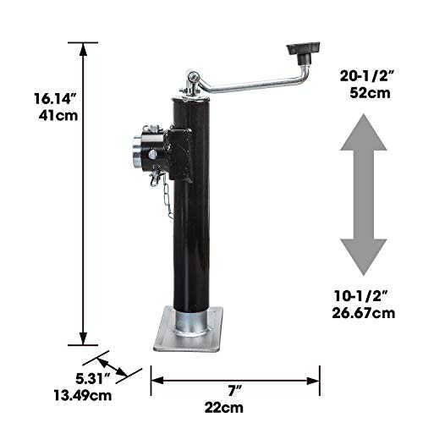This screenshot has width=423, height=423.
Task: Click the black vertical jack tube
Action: click(190, 237)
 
